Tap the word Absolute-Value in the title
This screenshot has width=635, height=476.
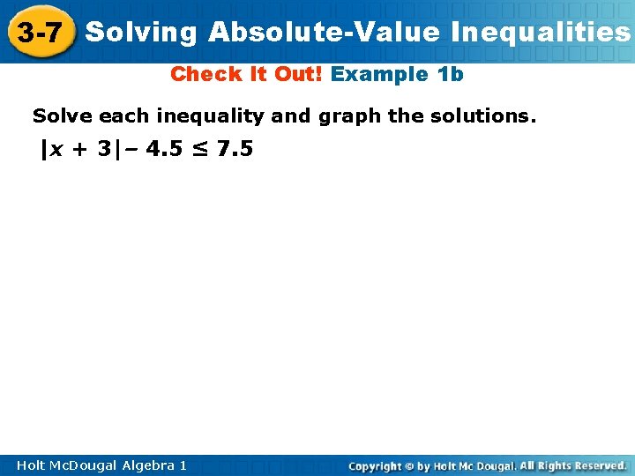click(324, 33)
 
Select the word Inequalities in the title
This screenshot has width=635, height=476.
click(540, 33)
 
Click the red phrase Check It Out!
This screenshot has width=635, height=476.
click(247, 74)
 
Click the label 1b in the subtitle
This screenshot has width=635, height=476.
click(450, 74)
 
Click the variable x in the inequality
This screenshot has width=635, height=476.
click(56, 149)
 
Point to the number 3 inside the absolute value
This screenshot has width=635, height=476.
click(106, 149)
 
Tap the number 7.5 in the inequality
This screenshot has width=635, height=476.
click(235, 149)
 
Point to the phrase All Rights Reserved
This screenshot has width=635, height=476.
click(573, 465)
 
